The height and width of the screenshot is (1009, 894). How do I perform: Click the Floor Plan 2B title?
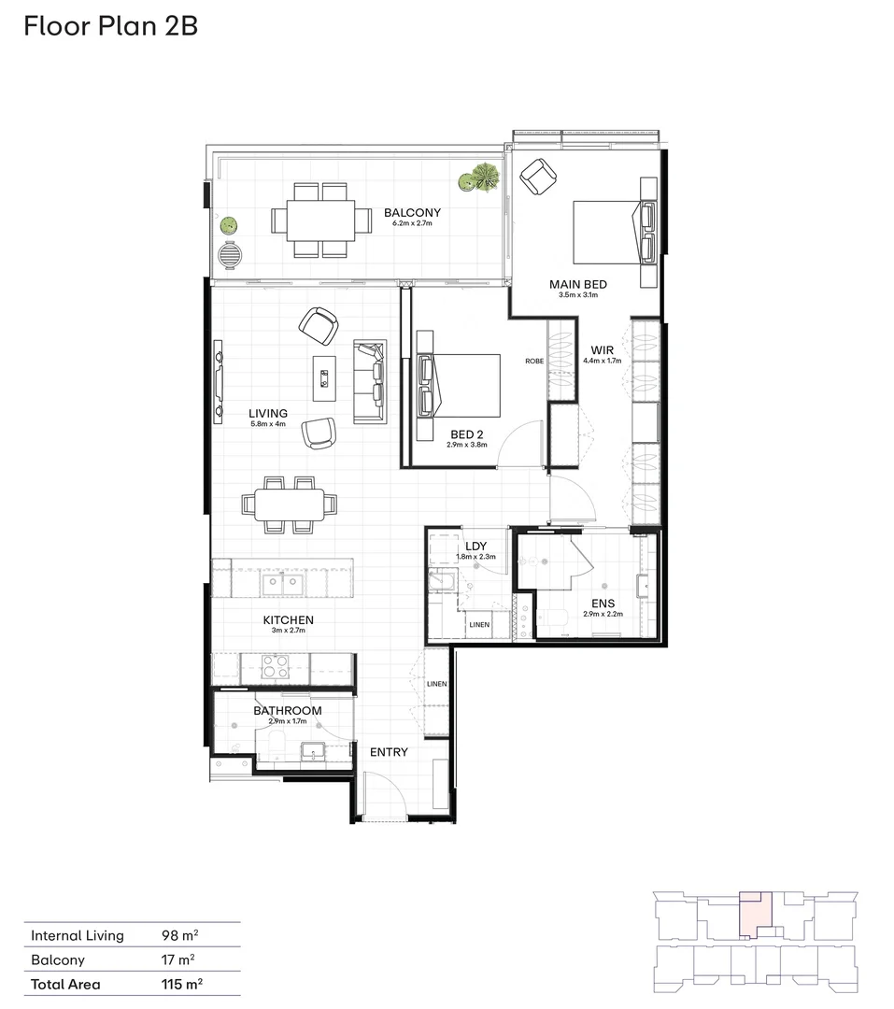(x=110, y=25)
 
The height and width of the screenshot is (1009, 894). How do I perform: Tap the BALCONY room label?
(x=412, y=213)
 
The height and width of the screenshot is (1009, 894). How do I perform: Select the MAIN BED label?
(x=577, y=284)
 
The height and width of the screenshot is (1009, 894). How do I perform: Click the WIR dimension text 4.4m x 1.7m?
(x=602, y=360)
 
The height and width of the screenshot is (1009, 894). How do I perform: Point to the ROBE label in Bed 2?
(x=533, y=361)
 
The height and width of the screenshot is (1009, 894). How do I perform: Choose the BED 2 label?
(x=466, y=434)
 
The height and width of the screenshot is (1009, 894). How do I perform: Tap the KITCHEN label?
(x=288, y=620)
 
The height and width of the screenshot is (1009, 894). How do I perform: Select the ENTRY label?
(x=389, y=752)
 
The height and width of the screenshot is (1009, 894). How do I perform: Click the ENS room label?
(x=602, y=604)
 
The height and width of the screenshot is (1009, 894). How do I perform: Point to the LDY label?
(x=475, y=546)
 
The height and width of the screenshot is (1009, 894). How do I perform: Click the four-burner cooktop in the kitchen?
(x=275, y=667)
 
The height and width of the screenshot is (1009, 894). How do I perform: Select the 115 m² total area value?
(x=182, y=984)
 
